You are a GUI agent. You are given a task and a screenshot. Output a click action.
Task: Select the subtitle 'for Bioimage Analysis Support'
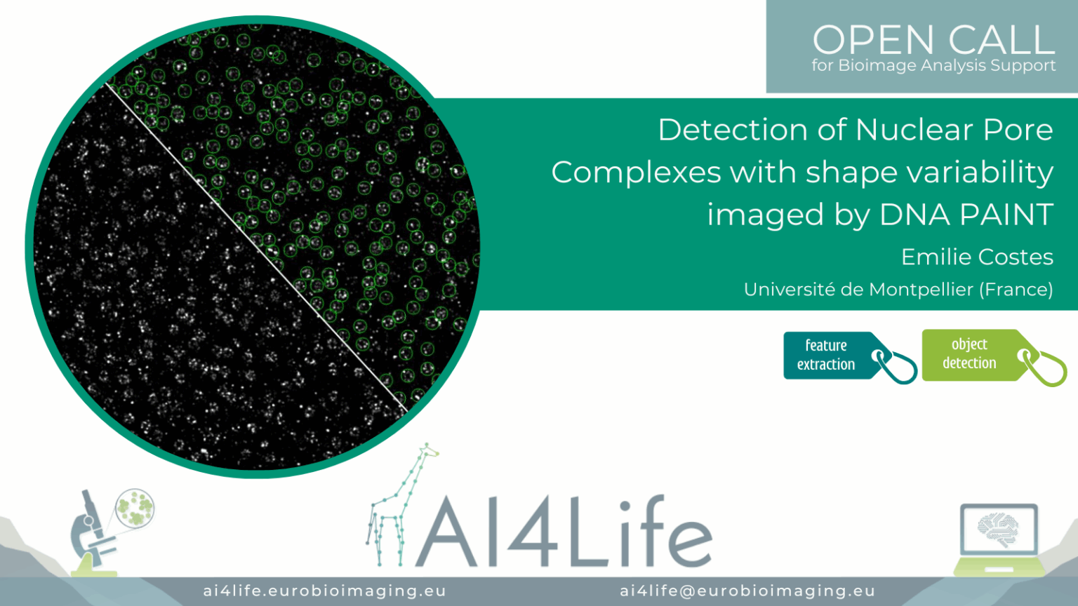[x=933, y=65]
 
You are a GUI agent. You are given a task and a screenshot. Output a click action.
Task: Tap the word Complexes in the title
[x=636, y=172]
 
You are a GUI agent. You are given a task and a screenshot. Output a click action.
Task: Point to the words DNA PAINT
[x=966, y=214]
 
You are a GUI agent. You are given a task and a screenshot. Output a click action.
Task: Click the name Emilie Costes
[x=978, y=257]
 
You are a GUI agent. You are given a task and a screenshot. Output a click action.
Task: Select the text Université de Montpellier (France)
[x=898, y=290]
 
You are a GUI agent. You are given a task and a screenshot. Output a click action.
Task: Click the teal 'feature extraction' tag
[x=849, y=357]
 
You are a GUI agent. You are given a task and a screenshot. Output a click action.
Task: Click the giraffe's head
[x=427, y=451]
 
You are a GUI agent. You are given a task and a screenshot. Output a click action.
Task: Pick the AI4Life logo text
[x=563, y=531]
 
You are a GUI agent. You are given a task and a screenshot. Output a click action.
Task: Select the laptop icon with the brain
[x=999, y=539]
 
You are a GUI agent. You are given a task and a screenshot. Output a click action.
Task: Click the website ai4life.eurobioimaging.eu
[x=325, y=591]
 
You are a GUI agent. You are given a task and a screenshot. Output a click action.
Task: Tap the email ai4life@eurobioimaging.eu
[x=747, y=591]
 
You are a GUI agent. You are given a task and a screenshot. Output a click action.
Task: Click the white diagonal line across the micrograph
[x=256, y=247]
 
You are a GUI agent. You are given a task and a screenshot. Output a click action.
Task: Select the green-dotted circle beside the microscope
[x=135, y=508]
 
